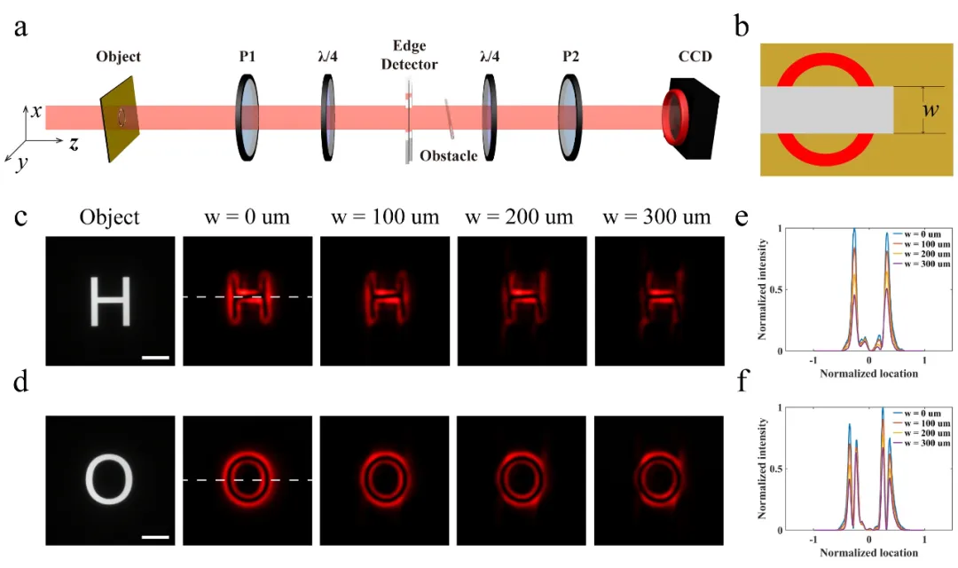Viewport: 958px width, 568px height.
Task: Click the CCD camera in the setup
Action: pos(692,119)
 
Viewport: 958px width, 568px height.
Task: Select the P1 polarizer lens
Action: pos(247,117)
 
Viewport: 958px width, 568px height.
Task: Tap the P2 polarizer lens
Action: pos(570,117)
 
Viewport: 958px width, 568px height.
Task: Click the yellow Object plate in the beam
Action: pos(120,119)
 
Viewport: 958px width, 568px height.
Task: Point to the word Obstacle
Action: pos(449,156)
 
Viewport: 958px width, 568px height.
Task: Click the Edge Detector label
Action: pos(409,55)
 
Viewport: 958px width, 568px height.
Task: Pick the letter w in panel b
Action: pos(931,109)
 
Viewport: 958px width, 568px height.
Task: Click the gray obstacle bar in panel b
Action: pos(827,110)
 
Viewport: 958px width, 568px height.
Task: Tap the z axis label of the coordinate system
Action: pos(74,144)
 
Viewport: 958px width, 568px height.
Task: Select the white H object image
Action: pos(111,301)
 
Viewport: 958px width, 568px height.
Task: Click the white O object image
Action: pos(109,480)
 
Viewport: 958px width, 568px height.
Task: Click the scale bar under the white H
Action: pos(155,357)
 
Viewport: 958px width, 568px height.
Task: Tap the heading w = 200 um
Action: pos(519,217)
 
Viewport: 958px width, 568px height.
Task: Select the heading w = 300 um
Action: pos(656,217)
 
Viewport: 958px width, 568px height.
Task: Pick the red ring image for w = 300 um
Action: pos(658,479)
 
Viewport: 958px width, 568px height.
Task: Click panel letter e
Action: pos(741,217)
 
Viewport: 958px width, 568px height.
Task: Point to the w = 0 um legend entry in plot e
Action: pos(922,234)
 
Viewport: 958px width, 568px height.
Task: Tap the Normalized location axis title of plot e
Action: pos(868,373)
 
